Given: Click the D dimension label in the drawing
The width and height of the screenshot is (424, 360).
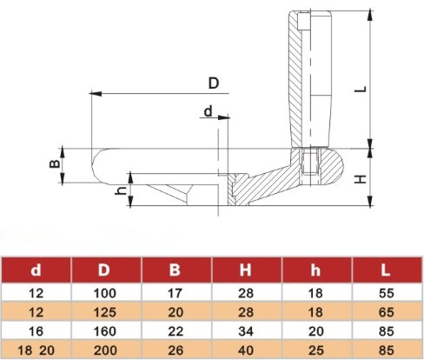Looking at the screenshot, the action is click(214, 83).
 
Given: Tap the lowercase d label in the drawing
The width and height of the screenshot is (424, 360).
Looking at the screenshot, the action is click(208, 111).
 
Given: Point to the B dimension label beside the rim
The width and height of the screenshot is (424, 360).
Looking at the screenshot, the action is click(55, 163).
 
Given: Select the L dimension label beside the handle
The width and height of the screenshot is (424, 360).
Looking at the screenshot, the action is click(361, 90).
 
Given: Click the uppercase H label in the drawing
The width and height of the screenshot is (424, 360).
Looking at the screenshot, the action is click(361, 179).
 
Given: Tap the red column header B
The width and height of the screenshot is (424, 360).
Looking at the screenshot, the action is click(175, 270).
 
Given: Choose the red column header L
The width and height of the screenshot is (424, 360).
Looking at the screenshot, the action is click(386, 270).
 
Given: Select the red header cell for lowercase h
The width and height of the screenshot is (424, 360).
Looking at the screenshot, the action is click(315, 270).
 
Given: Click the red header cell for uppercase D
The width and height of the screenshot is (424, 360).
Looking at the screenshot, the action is click(104, 270).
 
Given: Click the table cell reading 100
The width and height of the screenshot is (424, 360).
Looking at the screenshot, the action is click(104, 293).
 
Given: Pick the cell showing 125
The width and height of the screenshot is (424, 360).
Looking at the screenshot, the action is click(104, 312).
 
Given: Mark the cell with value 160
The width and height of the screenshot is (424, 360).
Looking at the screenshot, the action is click(104, 331).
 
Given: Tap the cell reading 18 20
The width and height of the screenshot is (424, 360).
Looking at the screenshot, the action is click(36, 350).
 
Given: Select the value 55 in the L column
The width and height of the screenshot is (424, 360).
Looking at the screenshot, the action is click(386, 293).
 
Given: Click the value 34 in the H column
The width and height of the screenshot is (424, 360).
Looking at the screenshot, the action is click(246, 331).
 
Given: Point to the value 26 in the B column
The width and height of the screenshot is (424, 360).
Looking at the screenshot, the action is click(176, 350).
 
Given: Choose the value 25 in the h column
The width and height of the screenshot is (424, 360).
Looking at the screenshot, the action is click(315, 350).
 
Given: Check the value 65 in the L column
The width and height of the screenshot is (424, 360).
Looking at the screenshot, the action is click(386, 312).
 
